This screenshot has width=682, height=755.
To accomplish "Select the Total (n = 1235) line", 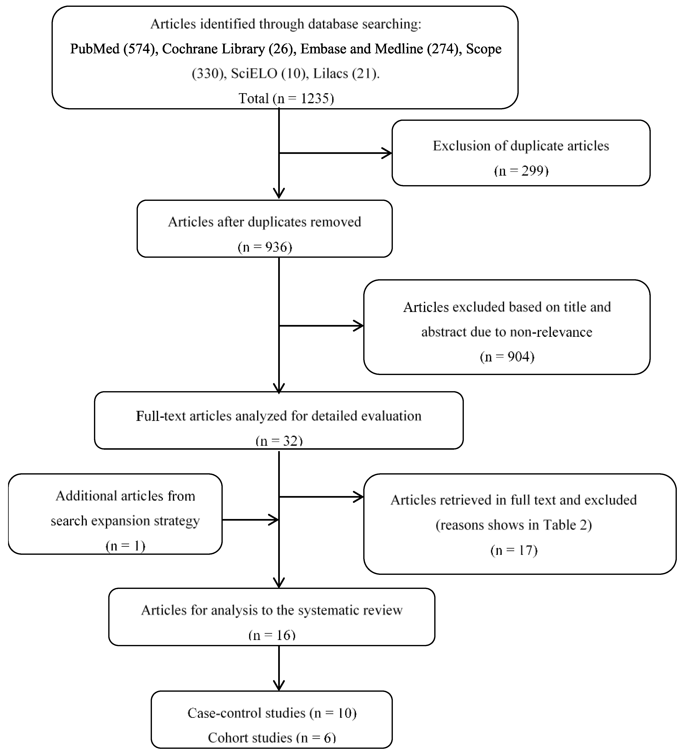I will pyautogui.click(x=286, y=98).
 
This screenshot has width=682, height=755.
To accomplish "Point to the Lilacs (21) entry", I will pyautogui.click(x=345, y=73).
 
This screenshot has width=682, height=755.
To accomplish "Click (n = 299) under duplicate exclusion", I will pyautogui.click(x=521, y=171).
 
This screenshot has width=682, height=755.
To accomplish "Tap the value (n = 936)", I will pyautogui.click(x=265, y=247).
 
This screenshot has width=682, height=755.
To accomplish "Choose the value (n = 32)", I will pyautogui.click(x=279, y=441).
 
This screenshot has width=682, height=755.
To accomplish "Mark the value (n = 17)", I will pyautogui.click(x=514, y=550).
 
